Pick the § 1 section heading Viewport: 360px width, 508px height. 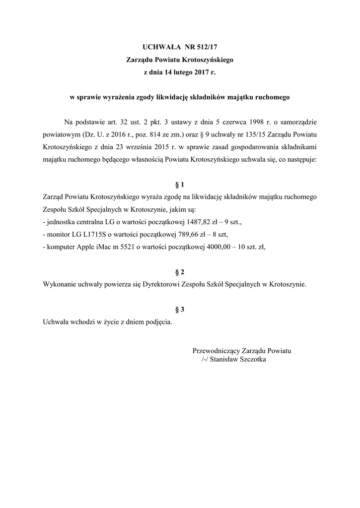click(x=180, y=185)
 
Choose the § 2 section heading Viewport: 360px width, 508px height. click(x=180, y=272)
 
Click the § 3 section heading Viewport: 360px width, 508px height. click(x=180, y=310)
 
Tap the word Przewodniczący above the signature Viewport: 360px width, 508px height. click(x=216, y=351)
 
